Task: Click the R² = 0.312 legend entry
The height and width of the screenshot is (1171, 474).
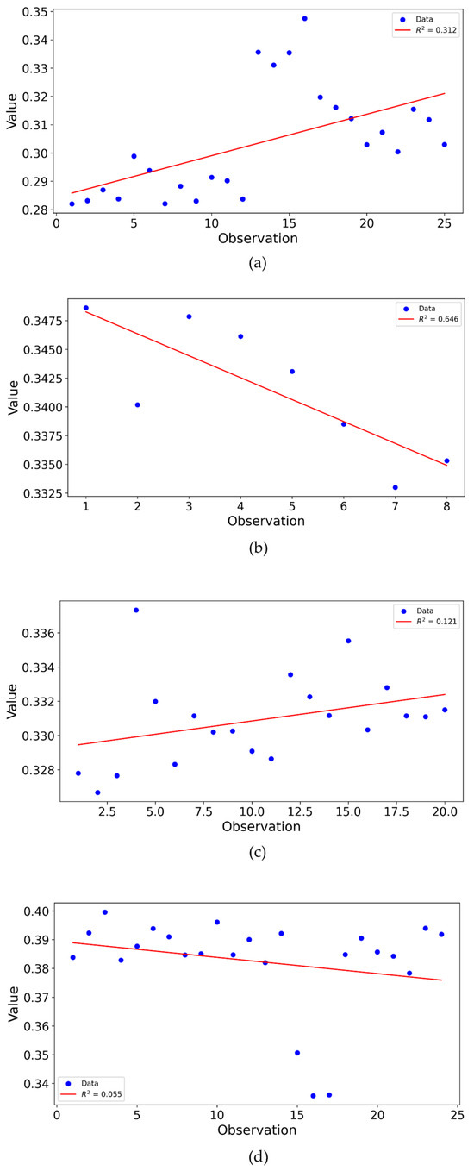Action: tap(429, 29)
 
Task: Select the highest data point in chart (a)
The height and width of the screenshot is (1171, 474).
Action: tap(304, 18)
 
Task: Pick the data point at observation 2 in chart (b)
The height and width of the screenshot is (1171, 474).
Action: tap(137, 404)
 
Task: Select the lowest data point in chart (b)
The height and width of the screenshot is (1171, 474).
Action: tap(395, 487)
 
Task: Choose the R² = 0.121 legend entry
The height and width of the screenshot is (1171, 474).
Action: tap(429, 621)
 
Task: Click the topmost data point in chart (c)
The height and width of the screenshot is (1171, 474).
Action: tap(135, 610)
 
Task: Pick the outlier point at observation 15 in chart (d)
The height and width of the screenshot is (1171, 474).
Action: tap(297, 1052)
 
